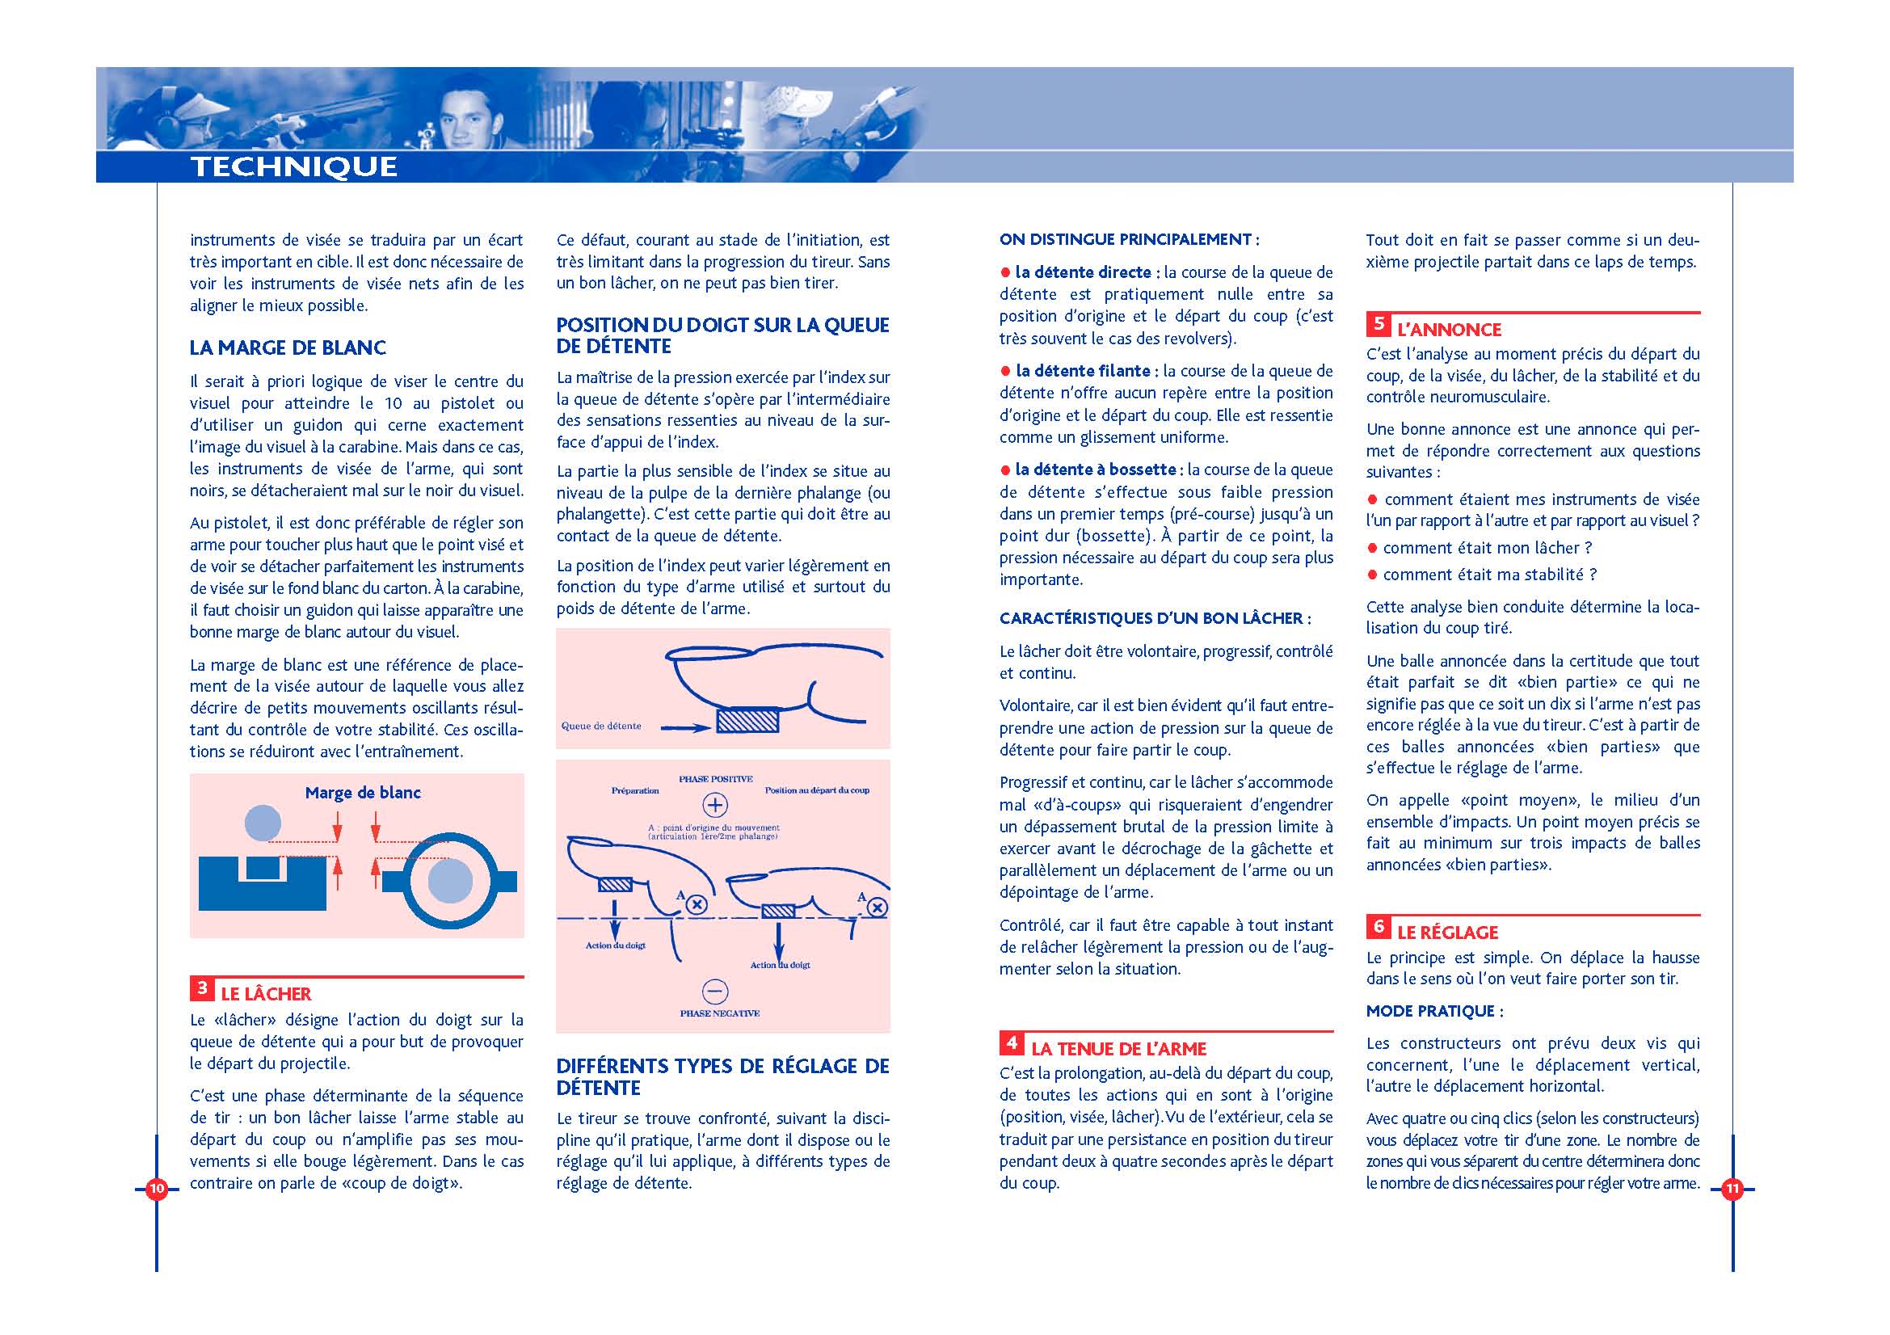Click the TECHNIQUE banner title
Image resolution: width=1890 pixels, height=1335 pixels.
pyautogui.click(x=294, y=166)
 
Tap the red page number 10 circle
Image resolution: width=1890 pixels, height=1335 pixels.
pyautogui.click(x=157, y=1189)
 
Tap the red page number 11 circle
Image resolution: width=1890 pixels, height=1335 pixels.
pyautogui.click(x=1732, y=1189)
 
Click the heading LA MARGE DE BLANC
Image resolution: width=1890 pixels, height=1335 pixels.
pyautogui.click(x=288, y=347)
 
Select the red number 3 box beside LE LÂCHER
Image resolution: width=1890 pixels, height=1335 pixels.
pyautogui.click(x=202, y=988)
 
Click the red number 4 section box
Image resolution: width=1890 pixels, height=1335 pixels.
pyautogui.click(x=1012, y=1043)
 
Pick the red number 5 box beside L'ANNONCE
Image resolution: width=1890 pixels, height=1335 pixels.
pyautogui.click(x=1378, y=324)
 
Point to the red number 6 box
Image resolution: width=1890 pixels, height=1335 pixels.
pyautogui.click(x=1378, y=928)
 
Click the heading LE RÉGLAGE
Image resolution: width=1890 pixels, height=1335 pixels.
pyautogui.click(x=1447, y=933)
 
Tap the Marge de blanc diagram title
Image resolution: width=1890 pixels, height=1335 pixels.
pyautogui.click(x=363, y=793)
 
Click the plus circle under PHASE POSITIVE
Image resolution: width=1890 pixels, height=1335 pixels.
pyautogui.click(x=714, y=805)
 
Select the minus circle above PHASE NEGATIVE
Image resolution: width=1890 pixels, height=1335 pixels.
pyautogui.click(x=714, y=992)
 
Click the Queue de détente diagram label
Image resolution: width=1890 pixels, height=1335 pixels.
pyautogui.click(x=601, y=726)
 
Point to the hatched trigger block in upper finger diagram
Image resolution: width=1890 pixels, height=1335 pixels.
pyautogui.click(x=747, y=721)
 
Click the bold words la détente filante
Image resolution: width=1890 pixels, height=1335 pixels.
pyautogui.click(x=1083, y=371)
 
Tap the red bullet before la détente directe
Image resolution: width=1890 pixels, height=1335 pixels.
pyautogui.click(x=1005, y=272)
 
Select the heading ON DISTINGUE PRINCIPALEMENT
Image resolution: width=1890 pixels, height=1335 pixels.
pyautogui.click(x=1129, y=239)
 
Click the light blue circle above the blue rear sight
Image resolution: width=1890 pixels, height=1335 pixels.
pyautogui.click(x=263, y=823)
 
